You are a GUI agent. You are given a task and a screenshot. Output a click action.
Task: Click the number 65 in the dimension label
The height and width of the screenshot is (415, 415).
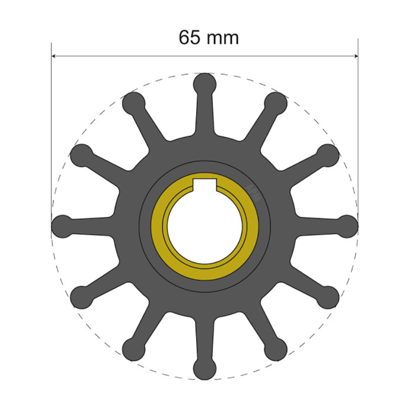[191, 37]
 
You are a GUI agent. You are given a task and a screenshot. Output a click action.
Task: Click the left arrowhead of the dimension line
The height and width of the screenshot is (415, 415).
[55, 57]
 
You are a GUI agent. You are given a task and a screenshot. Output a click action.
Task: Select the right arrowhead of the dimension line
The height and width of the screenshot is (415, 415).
[355, 57]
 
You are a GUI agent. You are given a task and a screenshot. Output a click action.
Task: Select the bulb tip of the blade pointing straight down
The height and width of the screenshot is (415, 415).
[205, 369]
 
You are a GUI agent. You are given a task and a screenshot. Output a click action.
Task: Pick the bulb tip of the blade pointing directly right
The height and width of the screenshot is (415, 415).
[348, 226]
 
